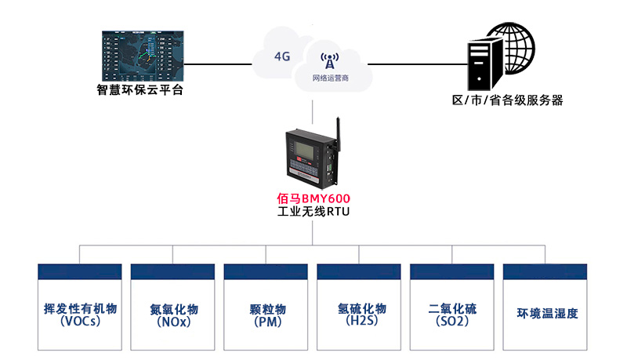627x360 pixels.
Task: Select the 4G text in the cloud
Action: [282, 56]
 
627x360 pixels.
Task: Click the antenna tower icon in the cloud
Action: [329, 63]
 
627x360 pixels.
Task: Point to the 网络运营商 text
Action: [330, 79]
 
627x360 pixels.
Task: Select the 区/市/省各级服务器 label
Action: [508, 100]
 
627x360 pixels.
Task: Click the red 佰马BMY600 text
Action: [313, 198]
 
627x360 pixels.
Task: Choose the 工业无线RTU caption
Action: [313, 212]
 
